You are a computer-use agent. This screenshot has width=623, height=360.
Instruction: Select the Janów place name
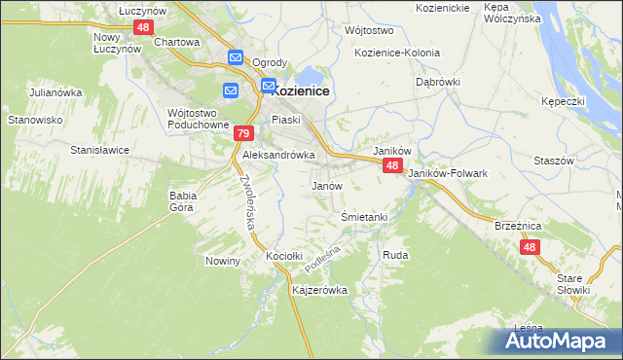[x=326, y=185]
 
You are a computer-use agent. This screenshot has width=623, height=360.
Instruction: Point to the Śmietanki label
[x=365, y=216]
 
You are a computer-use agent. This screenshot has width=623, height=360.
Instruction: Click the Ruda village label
[x=395, y=254]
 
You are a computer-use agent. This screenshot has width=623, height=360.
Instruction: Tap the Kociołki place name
[x=286, y=256]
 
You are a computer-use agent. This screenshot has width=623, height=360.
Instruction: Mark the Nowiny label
[x=223, y=261]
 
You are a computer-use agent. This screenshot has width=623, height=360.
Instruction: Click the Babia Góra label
[x=183, y=200]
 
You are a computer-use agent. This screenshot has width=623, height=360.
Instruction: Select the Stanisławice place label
[x=101, y=151]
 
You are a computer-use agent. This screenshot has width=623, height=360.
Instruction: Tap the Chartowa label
[x=177, y=42]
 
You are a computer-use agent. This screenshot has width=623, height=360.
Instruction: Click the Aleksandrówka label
[x=278, y=155]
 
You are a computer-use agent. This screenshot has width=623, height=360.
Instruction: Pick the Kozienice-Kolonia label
[x=397, y=53]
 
